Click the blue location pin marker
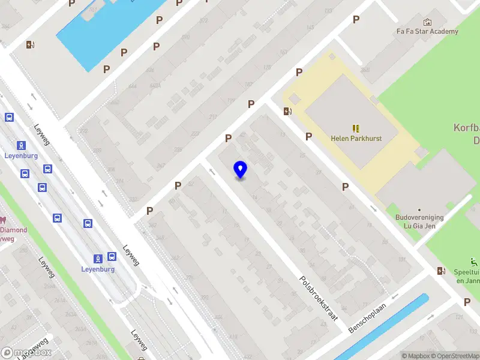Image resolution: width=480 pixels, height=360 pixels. [x=241, y=170]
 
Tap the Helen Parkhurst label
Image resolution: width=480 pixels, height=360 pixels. [x=356, y=138]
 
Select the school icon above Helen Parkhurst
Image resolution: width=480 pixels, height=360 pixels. [x=356, y=128]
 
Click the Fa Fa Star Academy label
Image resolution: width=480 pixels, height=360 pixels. [x=427, y=31]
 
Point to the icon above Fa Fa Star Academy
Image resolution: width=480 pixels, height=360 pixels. [x=427, y=22]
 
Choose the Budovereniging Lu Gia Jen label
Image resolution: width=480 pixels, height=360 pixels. [x=419, y=221]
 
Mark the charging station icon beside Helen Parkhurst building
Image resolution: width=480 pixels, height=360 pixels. [x=287, y=110]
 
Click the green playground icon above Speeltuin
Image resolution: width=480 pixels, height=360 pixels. [x=475, y=262]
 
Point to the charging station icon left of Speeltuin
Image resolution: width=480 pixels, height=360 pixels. [x=442, y=271]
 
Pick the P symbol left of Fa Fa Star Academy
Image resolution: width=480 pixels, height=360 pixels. [x=356, y=20]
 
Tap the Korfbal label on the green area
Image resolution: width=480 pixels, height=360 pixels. [x=467, y=128]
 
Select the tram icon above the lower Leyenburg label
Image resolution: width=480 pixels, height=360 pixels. [x=97, y=259]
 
